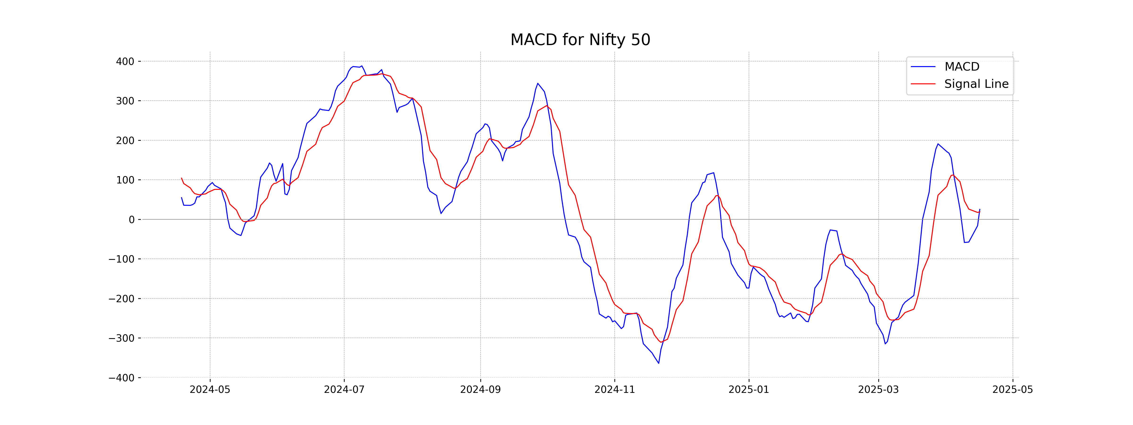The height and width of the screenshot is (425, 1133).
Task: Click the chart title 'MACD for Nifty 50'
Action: [580, 40]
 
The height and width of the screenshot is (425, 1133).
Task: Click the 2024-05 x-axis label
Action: [210, 390]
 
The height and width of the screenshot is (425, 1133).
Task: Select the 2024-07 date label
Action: [344, 390]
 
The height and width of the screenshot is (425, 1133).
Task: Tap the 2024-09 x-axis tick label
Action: [480, 390]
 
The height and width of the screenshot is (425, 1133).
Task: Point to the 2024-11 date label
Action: [614, 390]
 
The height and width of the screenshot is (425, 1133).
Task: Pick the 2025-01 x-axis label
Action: [748, 390]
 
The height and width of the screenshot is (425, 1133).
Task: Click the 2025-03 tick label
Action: [878, 390]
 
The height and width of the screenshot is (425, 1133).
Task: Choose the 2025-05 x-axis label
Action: [1012, 390]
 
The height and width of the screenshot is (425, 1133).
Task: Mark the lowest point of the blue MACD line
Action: [658, 363]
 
